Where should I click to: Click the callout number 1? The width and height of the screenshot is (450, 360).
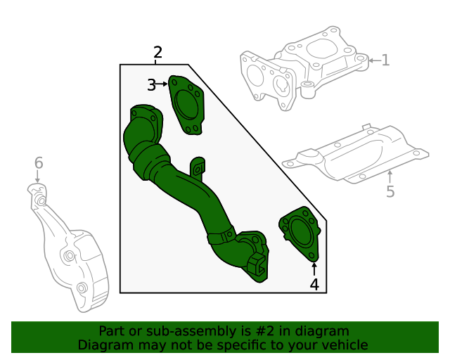point(385,60)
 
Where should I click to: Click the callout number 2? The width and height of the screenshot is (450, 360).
point(157,52)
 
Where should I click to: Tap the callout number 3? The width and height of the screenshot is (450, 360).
point(151,85)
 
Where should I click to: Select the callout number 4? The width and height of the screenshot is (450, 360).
point(314,284)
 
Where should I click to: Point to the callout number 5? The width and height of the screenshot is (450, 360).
point(390,191)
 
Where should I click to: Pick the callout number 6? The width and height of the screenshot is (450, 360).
point(39,163)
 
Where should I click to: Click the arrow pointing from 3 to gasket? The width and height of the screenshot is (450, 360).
point(163,84)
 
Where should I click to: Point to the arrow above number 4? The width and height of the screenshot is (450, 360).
point(314,268)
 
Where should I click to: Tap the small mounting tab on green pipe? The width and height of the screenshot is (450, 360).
point(198,168)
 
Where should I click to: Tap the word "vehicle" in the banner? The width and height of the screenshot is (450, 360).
point(345,345)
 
